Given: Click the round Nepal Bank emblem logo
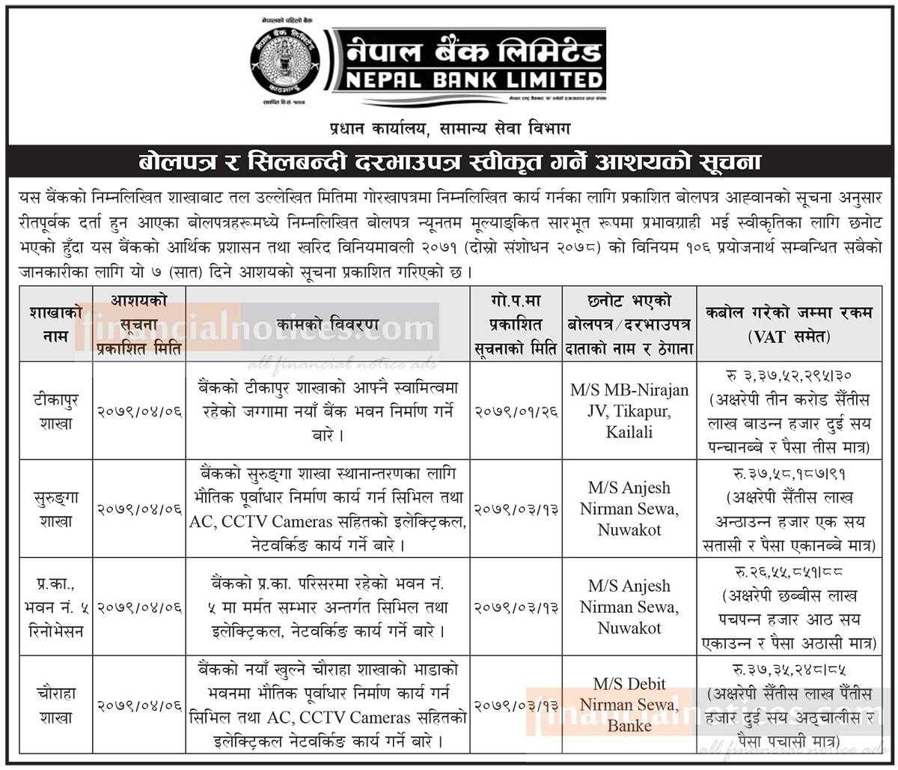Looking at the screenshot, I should (287, 62).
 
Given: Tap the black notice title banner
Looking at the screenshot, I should (449, 162).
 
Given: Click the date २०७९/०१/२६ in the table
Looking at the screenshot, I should (516, 412).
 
